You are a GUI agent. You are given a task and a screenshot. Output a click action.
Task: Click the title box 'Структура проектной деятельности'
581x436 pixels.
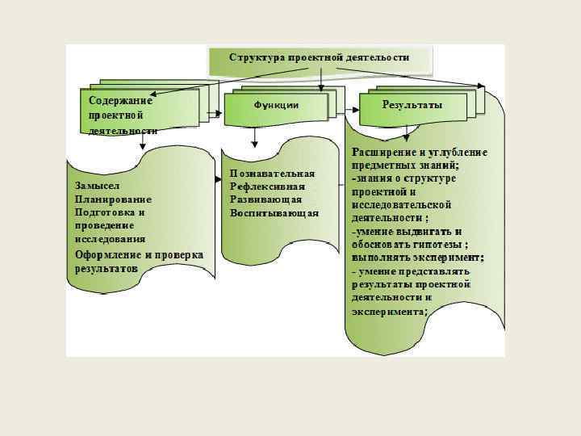(x=320, y=58)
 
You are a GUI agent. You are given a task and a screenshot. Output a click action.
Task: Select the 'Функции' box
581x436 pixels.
(x=276, y=106)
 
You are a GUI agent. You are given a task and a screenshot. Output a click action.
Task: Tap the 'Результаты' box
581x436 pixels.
(x=412, y=106)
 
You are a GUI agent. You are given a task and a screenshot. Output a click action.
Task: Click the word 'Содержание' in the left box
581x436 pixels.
(x=121, y=100)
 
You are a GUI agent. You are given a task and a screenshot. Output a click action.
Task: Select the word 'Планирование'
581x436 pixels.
(x=113, y=199)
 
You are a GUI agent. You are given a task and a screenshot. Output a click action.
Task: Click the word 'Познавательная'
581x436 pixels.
(x=272, y=173)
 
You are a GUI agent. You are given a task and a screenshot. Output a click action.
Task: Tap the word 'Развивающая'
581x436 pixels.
(x=265, y=199)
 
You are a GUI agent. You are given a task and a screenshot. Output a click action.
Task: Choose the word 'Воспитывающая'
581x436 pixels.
(x=274, y=213)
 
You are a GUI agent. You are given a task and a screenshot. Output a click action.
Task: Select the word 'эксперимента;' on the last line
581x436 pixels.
(x=390, y=311)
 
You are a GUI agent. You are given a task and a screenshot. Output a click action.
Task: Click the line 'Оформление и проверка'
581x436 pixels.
(x=139, y=254)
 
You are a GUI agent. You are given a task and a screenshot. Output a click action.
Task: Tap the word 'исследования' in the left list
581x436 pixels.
(x=110, y=239)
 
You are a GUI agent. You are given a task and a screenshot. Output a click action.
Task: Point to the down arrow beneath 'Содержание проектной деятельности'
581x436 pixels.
(x=142, y=141)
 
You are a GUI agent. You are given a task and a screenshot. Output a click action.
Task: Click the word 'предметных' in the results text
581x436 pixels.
(x=379, y=165)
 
